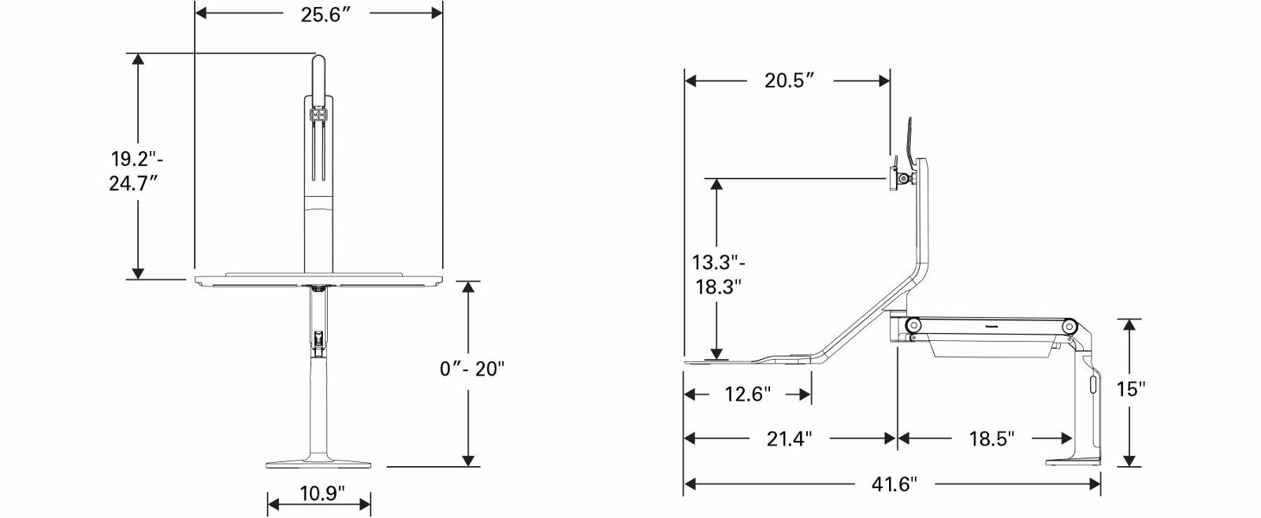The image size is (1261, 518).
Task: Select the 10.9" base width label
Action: [x=322, y=494]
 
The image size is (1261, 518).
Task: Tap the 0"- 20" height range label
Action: [x=472, y=369]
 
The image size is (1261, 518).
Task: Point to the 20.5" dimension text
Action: [x=789, y=80]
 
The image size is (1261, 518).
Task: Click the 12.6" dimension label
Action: [x=747, y=394]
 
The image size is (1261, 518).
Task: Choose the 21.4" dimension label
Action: [x=789, y=438]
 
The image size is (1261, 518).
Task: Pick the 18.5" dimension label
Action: [x=991, y=438]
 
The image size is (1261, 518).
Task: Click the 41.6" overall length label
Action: [x=894, y=483]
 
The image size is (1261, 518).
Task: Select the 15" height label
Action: [x=1132, y=389]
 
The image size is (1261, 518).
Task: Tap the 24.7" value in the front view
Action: [x=133, y=183]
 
